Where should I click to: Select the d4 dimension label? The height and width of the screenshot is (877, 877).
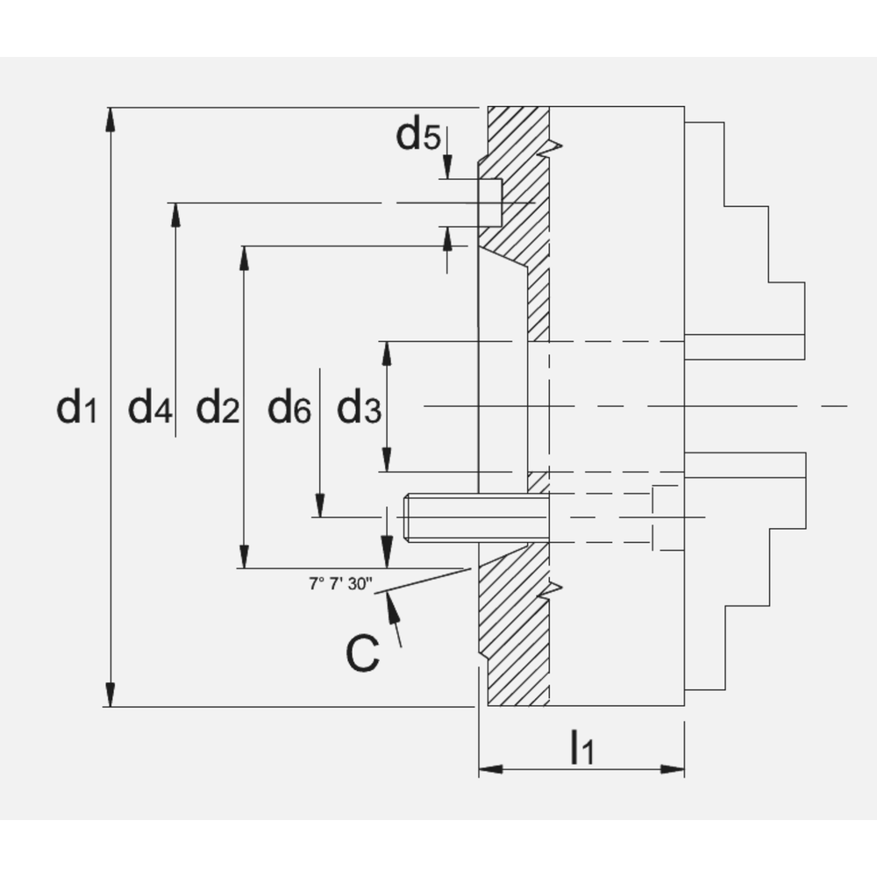pyautogui.click(x=150, y=409)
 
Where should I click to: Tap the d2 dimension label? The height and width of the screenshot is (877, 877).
pyautogui.click(x=217, y=409)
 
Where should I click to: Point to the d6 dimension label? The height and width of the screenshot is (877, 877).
pyautogui.click(x=289, y=409)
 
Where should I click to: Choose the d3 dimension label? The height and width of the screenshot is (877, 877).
pyautogui.click(x=360, y=409)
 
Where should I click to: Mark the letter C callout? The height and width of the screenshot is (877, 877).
pyautogui.click(x=362, y=653)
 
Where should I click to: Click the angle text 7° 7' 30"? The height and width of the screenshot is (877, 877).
pyautogui.click(x=341, y=583)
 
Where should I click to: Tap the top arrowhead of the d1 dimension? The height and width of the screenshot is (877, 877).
pyautogui.click(x=110, y=119)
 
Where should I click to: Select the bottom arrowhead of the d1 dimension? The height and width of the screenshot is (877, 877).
pyautogui.click(x=110, y=695)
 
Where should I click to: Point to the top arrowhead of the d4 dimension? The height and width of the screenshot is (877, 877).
pyautogui.click(x=175, y=214)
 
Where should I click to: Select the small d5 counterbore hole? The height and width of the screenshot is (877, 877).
pyautogui.click(x=490, y=203)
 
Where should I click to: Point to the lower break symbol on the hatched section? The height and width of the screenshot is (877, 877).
pyautogui.click(x=550, y=589)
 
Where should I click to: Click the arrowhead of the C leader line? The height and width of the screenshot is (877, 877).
pyautogui.click(x=389, y=600)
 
